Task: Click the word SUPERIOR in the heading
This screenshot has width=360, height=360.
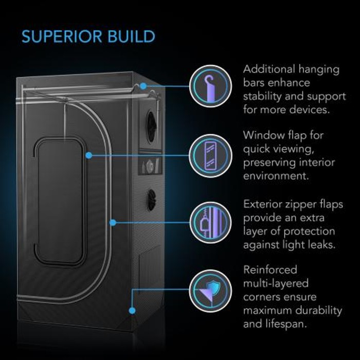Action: tap(62, 37)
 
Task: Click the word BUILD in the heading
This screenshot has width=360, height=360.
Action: tap(132, 37)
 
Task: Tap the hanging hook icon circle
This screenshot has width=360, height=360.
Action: tap(210, 86)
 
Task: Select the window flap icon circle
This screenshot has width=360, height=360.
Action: tap(210, 156)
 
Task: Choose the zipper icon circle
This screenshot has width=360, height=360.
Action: tap(210, 223)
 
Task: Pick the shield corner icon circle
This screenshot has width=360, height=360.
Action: tap(210, 291)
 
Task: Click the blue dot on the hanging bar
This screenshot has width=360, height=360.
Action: tap(143, 86)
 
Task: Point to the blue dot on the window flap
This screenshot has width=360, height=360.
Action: tap(89, 155)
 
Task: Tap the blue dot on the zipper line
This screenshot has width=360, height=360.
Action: tap(113, 223)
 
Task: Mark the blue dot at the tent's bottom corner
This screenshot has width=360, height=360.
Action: tap(132, 311)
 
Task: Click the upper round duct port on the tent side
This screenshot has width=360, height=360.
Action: tap(152, 127)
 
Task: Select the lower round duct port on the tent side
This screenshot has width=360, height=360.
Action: tap(152, 200)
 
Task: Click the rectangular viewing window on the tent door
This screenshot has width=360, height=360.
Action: tap(60, 202)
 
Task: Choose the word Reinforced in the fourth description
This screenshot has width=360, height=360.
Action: tap(270, 270)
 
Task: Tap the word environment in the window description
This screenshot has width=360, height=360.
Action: tap(276, 176)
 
